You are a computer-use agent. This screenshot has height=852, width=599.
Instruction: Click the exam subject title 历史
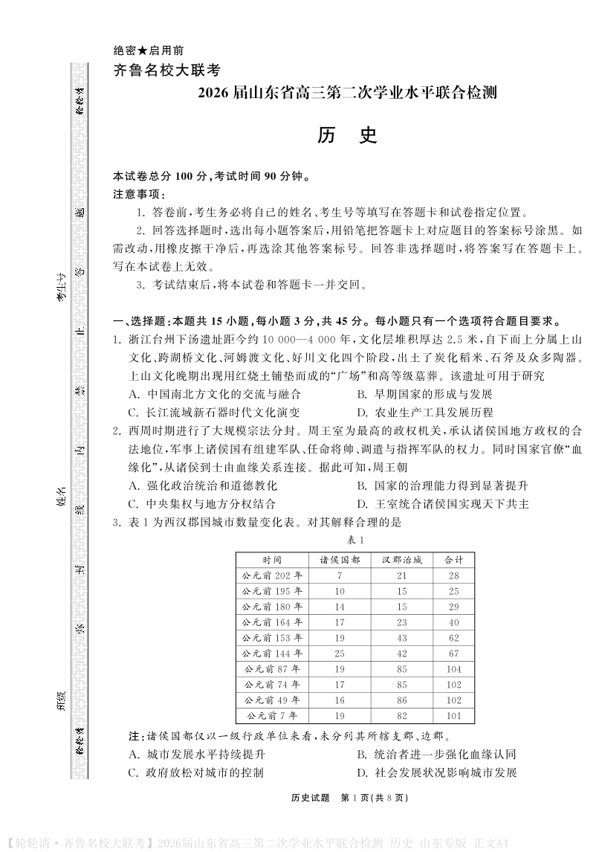pos(347,135)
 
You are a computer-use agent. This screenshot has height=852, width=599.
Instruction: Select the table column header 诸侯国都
pos(340,559)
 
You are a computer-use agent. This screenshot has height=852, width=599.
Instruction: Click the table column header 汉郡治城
pos(401,559)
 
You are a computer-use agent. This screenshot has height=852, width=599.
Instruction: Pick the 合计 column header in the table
pos(453,559)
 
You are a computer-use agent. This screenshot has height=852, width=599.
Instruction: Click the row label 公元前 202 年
pos(272,575)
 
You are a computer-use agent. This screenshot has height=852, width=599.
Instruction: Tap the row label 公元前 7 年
pos(272,716)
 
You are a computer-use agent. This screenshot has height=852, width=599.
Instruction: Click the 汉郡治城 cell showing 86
pos(401,700)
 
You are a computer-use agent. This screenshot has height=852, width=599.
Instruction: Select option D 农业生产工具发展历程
pos(424,412)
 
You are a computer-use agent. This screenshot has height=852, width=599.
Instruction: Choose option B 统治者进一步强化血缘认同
pos(436,754)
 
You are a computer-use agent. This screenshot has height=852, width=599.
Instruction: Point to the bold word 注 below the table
pos(133,736)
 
